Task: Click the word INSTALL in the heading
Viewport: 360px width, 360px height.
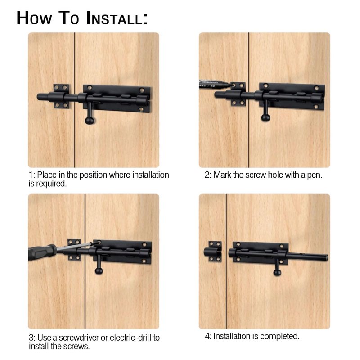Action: click(x=117, y=18)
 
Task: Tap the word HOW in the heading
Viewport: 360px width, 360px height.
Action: click(x=35, y=18)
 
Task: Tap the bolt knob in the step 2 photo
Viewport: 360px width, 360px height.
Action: click(x=265, y=118)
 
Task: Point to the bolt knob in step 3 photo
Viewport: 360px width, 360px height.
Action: click(x=99, y=271)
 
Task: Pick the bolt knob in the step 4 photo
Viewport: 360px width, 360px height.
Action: click(x=277, y=273)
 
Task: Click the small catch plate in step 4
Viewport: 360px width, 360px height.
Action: click(x=213, y=252)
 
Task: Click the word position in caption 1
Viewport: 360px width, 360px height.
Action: click(x=93, y=175)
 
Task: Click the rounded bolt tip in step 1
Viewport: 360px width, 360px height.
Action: click(x=40, y=97)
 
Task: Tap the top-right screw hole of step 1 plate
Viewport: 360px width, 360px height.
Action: click(x=142, y=90)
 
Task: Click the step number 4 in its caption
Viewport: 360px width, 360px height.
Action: click(x=207, y=337)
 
